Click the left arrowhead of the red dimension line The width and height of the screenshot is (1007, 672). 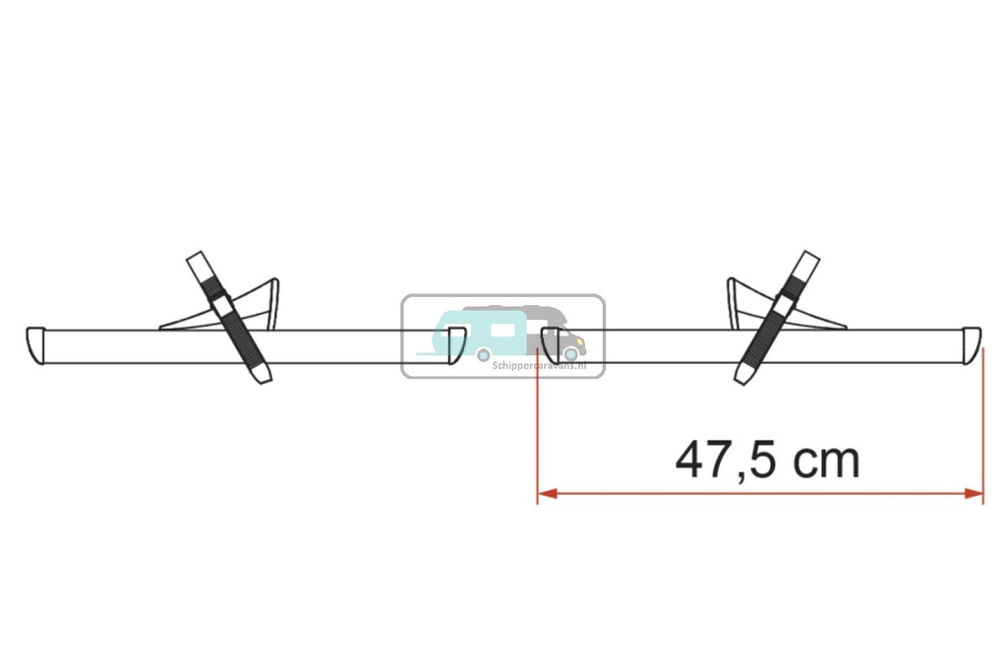tap(546, 493)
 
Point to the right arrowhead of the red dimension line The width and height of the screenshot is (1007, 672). tap(974, 493)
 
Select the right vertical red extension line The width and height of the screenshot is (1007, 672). tap(982, 423)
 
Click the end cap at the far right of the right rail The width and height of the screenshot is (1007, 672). tap(972, 344)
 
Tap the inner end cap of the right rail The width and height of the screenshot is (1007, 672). tap(552, 345)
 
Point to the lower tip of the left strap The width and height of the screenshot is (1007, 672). tap(261, 375)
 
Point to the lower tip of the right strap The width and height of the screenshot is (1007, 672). tap(743, 375)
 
